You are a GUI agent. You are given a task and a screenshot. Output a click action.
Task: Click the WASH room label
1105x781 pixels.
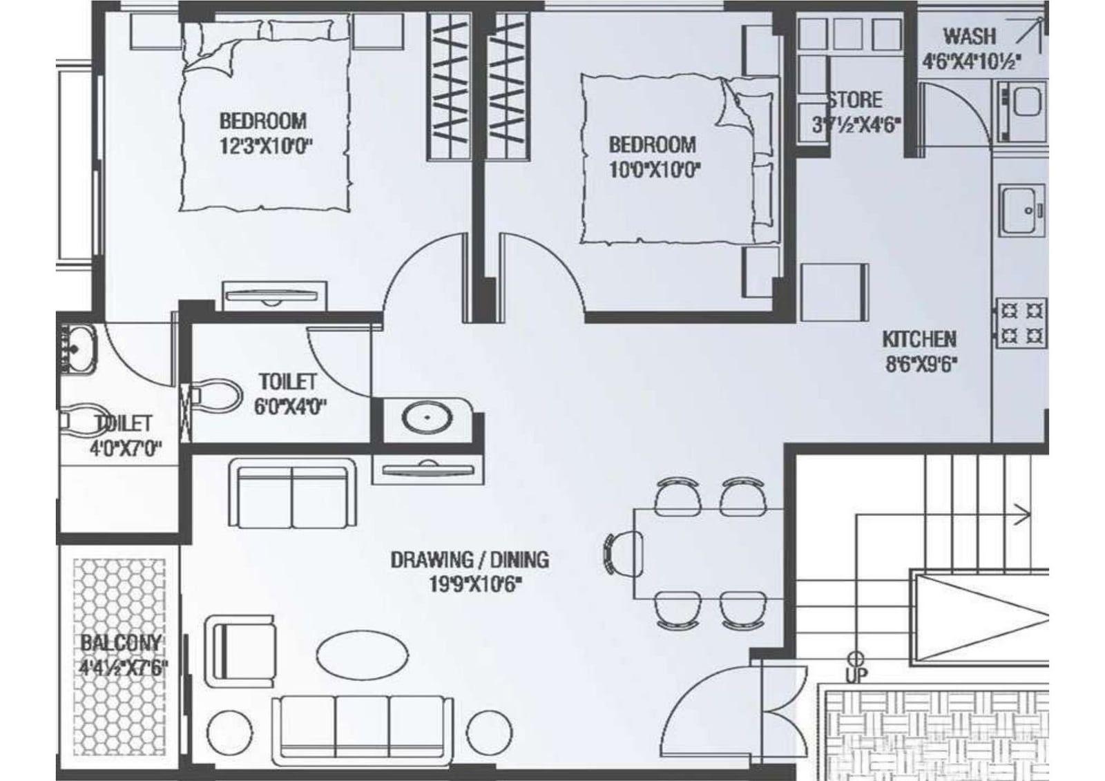(970, 37)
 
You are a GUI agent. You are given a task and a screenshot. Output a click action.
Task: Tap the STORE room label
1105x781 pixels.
(855, 99)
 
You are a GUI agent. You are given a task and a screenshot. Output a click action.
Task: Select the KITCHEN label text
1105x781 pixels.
(919, 339)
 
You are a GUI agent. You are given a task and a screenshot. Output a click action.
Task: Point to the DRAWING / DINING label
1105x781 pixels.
(470, 559)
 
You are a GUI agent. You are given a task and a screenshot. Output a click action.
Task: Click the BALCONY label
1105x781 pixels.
(121, 642)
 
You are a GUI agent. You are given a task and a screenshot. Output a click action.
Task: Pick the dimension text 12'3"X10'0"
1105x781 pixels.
(267, 146)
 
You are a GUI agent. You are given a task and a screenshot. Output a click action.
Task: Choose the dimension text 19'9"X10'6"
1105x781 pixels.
(475, 585)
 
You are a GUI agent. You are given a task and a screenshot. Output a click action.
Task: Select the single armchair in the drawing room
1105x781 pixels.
(240, 650)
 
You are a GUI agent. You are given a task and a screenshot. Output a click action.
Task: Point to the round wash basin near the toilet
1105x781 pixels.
(427, 417)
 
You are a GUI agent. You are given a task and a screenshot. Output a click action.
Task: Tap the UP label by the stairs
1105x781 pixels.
(856, 675)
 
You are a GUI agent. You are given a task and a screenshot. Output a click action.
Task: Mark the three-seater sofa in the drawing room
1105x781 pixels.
(363, 731)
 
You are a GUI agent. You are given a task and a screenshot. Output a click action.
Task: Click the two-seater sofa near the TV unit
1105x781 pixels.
(293, 492)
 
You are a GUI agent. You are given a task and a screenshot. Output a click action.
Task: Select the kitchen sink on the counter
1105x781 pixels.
(1023, 210)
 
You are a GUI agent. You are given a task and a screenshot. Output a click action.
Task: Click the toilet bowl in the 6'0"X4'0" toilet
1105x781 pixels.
(216, 395)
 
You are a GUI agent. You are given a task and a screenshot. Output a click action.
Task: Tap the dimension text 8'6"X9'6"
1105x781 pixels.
(921, 365)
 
